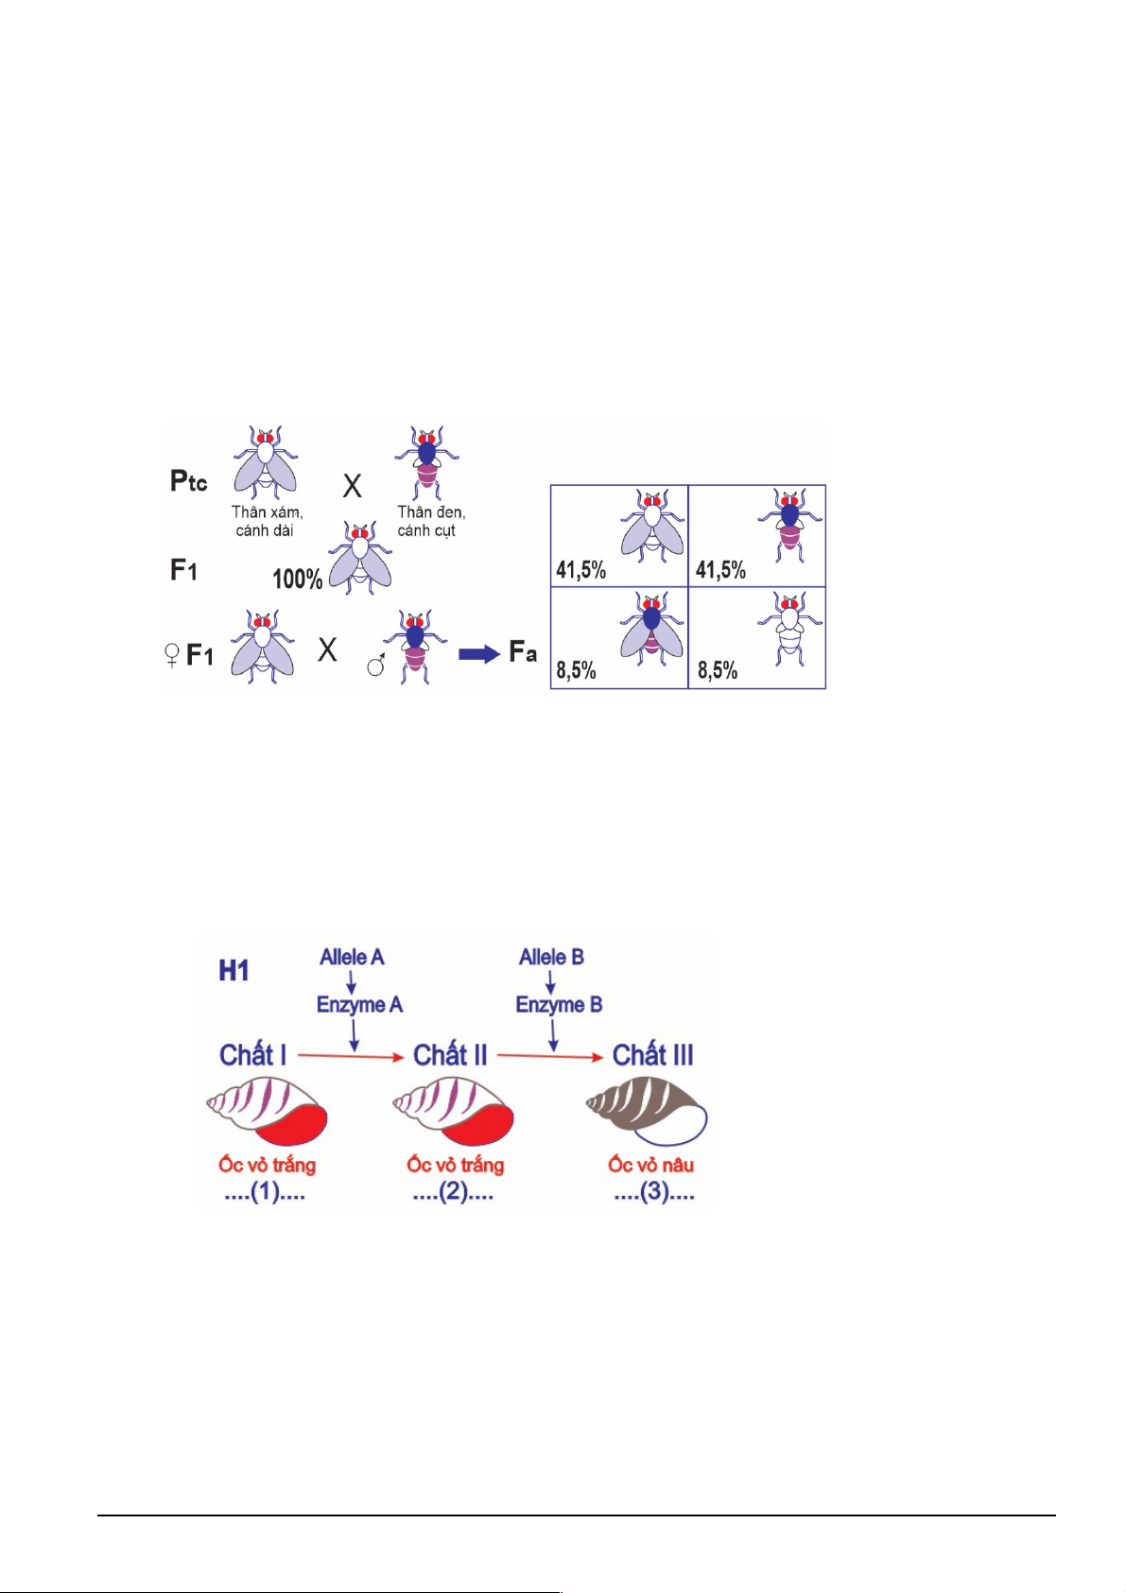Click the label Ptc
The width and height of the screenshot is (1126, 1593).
(188, 481)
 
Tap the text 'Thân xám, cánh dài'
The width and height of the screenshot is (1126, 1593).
(267, 521)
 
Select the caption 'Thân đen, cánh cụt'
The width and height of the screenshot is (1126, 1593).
(431, 521)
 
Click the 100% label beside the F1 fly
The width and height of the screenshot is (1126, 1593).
(297, 579)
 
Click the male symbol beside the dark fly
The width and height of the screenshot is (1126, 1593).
(376, 665)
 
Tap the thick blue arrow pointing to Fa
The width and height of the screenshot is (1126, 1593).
(479, 654)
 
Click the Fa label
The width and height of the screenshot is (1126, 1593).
(523, 651)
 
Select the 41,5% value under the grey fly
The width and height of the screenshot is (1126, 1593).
(581, 570)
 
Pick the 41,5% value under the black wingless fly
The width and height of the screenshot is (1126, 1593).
(720, 570)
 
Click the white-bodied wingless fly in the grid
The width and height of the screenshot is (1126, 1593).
(788, 629)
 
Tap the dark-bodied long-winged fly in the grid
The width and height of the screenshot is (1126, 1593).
(651, 629)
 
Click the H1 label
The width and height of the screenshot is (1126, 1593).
(234, 971)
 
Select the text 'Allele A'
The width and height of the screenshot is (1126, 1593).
(352, 958)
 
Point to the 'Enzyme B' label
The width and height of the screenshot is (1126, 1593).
(559, 1005)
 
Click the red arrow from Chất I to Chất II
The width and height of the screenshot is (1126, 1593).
(351, 1057)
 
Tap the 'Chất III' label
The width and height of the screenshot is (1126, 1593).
(653, 1055)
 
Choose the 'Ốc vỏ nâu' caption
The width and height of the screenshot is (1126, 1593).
(650, 1164)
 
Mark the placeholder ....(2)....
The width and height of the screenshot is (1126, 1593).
(453, 1192)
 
